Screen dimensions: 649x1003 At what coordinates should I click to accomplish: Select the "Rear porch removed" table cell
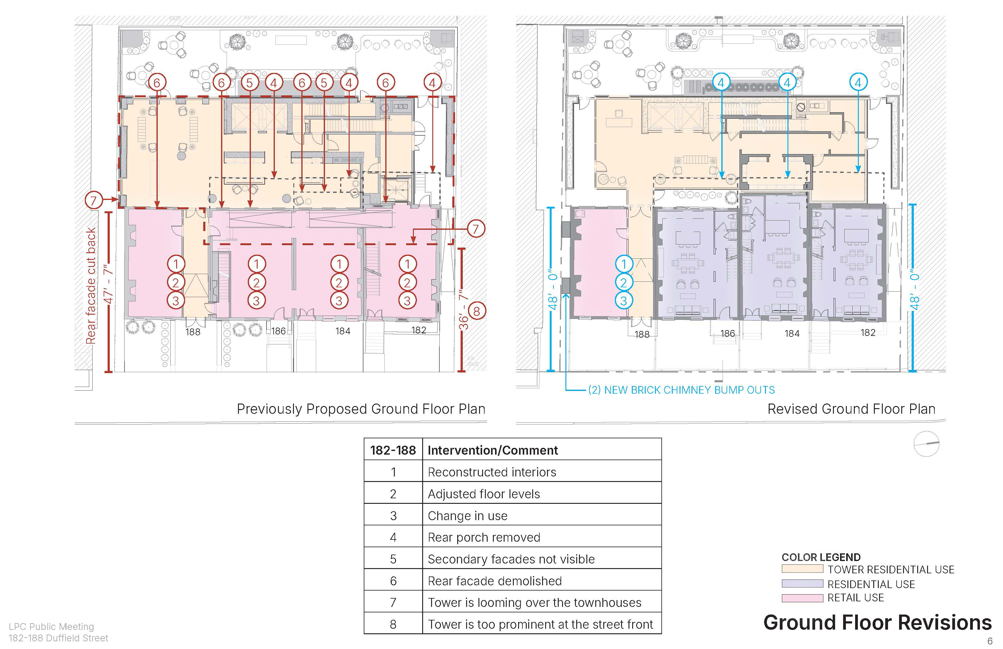(x=484, y=537)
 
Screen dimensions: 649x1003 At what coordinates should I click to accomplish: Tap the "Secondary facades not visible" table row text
(x=511, y=559)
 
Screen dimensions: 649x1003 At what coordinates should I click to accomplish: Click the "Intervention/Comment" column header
(x=493, y=450)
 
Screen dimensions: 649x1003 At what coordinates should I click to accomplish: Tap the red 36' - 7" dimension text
(x=463, y=310)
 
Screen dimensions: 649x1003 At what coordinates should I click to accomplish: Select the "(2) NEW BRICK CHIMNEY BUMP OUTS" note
(x=681, y=390)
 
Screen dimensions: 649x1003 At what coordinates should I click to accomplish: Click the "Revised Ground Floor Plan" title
(x=851, y=409)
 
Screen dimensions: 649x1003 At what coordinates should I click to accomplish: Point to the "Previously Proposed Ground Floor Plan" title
(x=361, y=409)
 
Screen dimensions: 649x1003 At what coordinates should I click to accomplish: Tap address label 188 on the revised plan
(x=642, y=334)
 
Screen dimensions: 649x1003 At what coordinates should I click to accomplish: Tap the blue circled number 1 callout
(x=624, y=264)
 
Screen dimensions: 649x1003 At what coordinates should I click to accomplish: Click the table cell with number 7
(x=393, y=603)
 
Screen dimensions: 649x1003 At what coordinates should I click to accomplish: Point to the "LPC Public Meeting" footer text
(x=51, y=627)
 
